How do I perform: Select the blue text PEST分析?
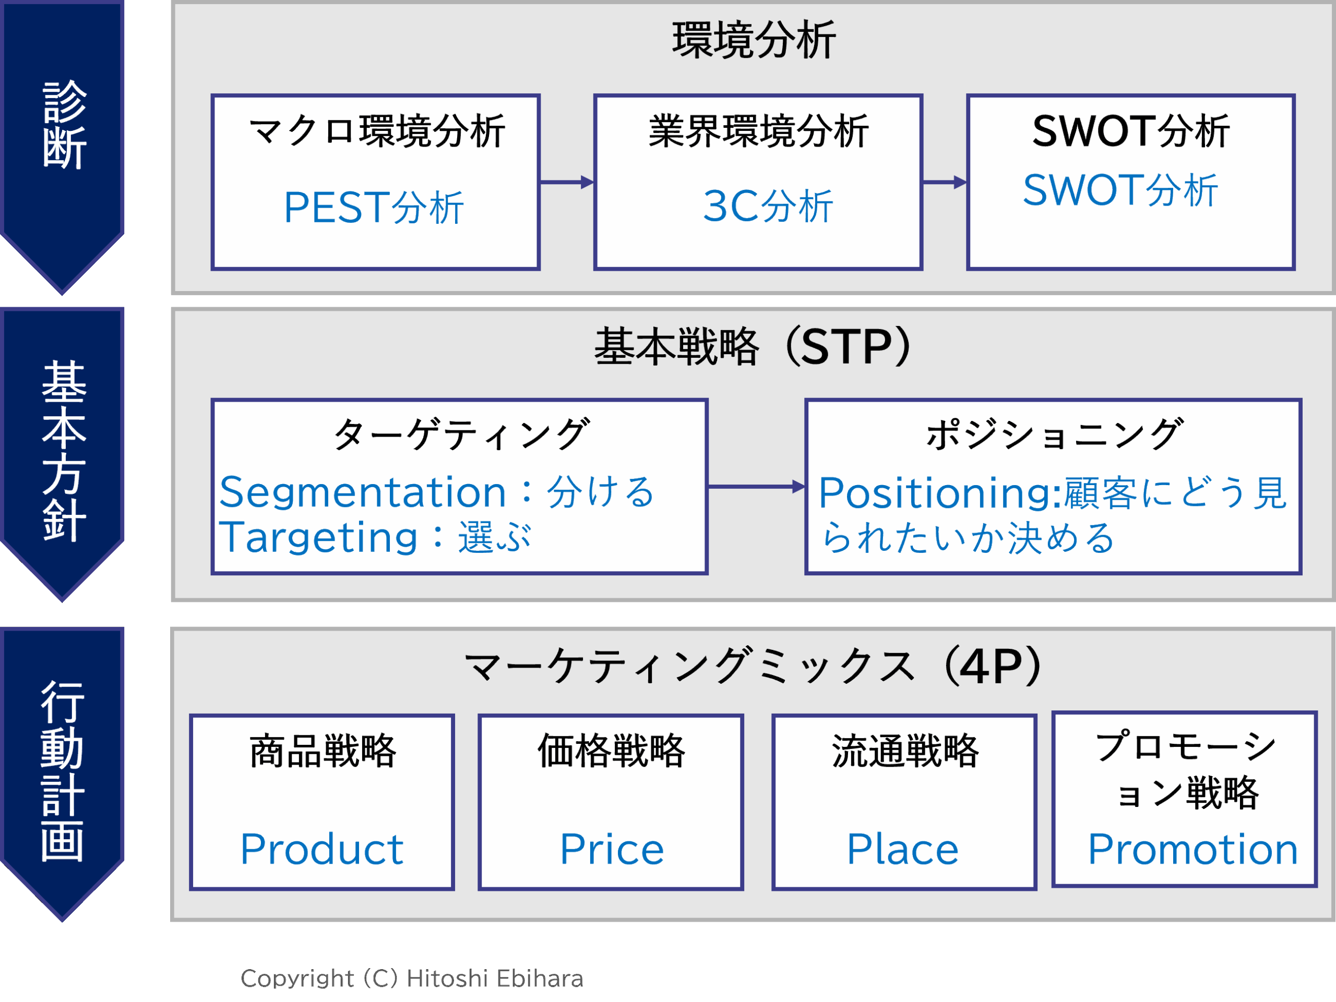click(x=373, y=208)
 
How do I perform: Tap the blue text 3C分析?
click(x=768, y=207)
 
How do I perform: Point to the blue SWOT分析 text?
click(x=1120, y=191)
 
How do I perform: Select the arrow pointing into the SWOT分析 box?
click(x=945, y=182)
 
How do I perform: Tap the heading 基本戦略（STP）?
click(x=753, y=347)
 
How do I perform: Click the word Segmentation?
click(x=362, y=492)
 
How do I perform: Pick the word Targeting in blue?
click(x=318, y=537)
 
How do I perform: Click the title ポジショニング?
click(x=1054, y=434)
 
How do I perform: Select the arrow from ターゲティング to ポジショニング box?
click(x=756, y=487)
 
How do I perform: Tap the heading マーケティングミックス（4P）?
click(x=753, y=667)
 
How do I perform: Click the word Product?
click(x=322, y=849)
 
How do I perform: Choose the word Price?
click(x=611, y=849)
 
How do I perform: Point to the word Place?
click(x=902, y=849)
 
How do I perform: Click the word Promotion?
click(x=1192, y=849)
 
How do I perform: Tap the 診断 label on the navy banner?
click(x=64, y=125)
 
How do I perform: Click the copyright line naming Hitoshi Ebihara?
click(x=412, y=979)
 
